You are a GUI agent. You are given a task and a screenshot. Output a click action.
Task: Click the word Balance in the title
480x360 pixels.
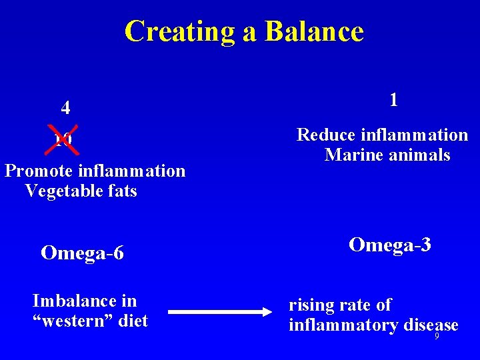[x=314, y=31]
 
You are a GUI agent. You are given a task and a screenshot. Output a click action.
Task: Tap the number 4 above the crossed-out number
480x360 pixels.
[x=65, y=108]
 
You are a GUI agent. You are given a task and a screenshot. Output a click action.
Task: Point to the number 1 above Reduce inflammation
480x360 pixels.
[x=394, y=100]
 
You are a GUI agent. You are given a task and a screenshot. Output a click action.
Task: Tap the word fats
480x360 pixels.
[x=120, y=191]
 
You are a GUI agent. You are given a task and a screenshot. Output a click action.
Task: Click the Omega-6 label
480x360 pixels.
[x=82, y=253]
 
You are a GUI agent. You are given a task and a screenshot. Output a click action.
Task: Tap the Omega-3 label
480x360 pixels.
[x=390, y=245]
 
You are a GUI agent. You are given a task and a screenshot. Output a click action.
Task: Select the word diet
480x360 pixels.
[x=133, y=321]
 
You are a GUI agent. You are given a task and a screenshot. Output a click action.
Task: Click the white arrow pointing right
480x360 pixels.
[x=225, y=311]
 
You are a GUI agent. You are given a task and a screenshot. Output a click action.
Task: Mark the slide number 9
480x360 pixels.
[x=437, y=337]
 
